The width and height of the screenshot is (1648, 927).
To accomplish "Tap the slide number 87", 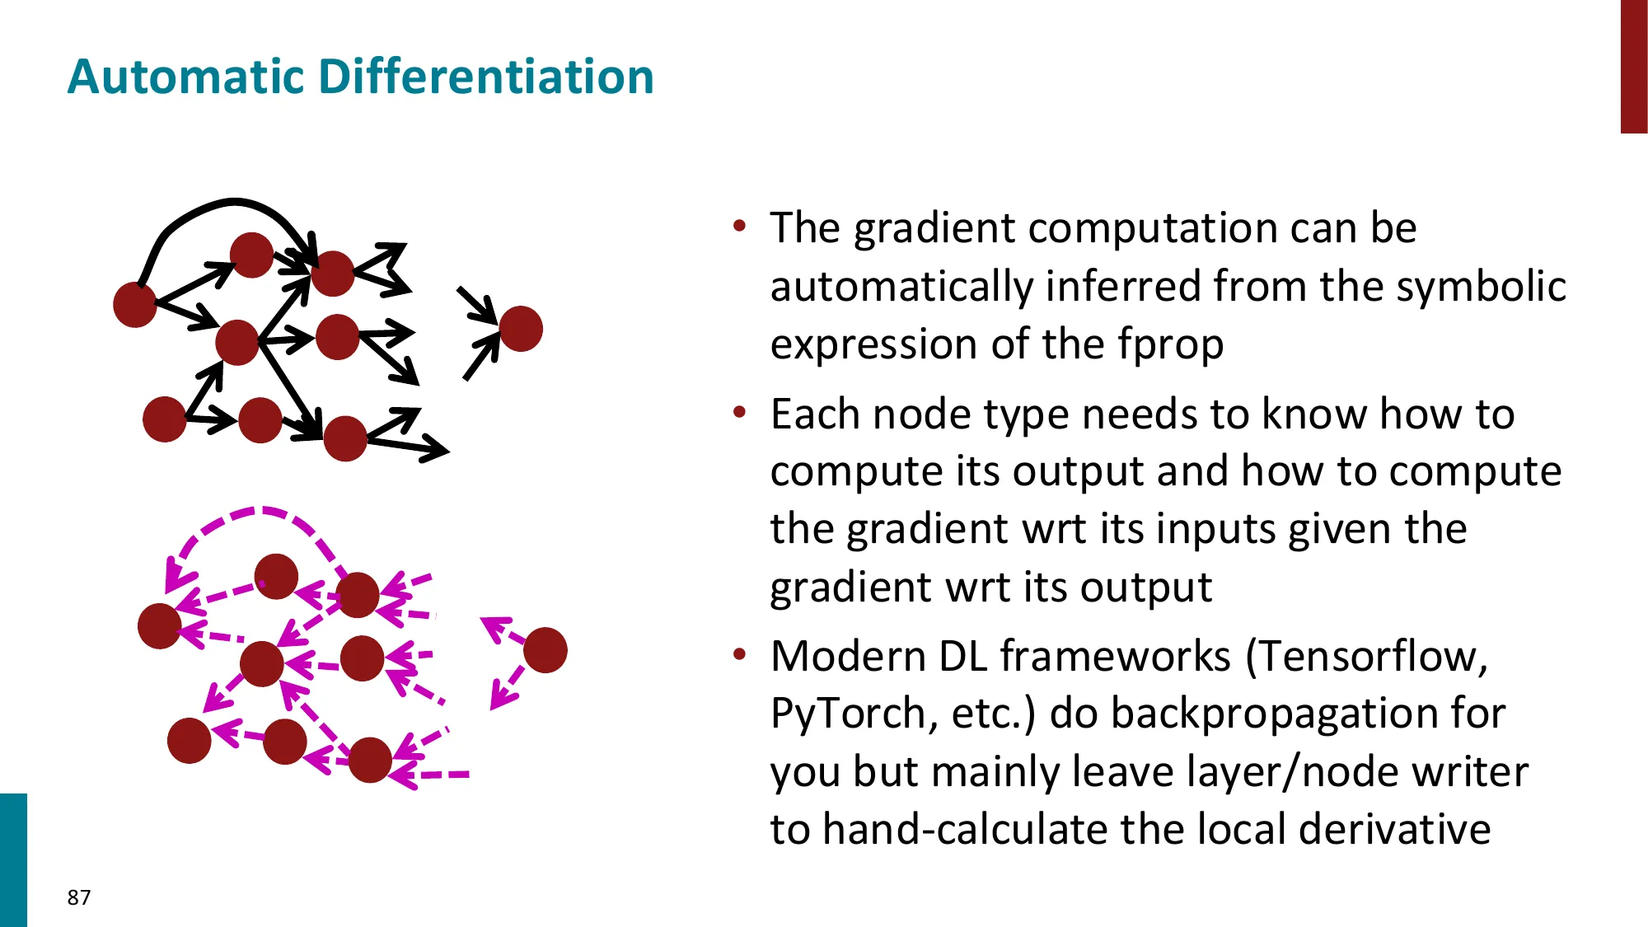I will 79,897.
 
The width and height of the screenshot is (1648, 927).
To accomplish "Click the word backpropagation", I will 1276,714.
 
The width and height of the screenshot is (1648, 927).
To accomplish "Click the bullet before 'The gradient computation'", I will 739,226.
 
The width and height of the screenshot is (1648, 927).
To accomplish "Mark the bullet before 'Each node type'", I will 739,411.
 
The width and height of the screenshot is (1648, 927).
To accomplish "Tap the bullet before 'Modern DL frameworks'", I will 739,654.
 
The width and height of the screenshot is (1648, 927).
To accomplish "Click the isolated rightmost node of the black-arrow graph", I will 521,329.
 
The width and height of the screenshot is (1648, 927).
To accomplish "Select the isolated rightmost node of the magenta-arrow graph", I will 545,650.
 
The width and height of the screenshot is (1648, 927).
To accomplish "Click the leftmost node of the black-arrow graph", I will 135,305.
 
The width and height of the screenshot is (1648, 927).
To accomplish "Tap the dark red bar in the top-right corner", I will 1633,66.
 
